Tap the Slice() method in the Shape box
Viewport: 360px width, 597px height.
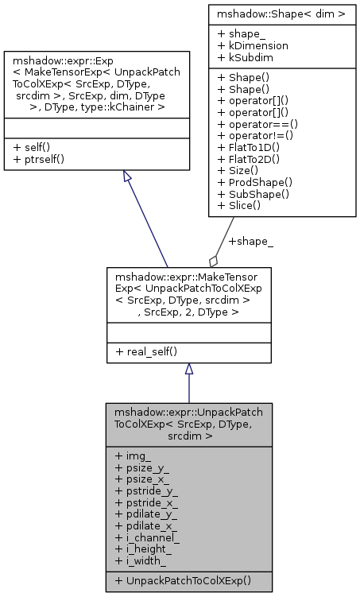[x=237, y=206]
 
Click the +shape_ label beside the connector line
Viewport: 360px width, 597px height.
[x=251, y=241]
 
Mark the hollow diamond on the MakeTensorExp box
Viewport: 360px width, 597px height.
[x=213, y=260]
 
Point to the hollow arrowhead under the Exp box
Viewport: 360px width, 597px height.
[x=128, y=178]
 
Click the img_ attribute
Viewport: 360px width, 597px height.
[x=134, y=456]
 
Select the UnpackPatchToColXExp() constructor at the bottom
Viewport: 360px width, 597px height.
[x=183, y=580]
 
